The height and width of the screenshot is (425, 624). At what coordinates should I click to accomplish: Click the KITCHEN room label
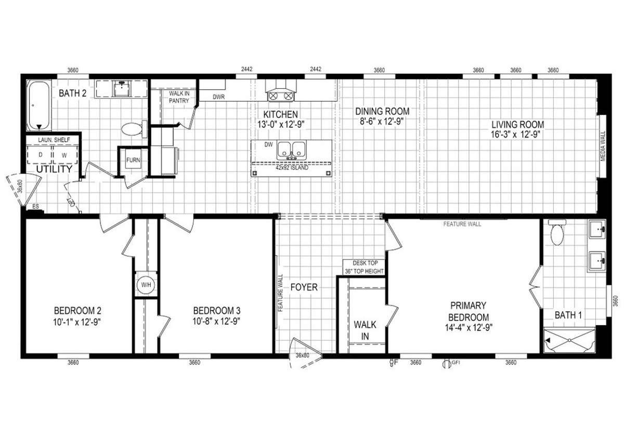coord(280,114)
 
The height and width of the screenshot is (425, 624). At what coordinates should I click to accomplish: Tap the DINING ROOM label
coord(382,111)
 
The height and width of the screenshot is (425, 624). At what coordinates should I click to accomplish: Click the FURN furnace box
coord(133,160)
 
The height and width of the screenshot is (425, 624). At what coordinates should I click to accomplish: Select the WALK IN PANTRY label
coord(178,97)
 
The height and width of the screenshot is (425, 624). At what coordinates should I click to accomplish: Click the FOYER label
coord(304,287)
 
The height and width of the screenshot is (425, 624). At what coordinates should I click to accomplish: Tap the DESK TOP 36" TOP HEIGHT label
coord(364,267)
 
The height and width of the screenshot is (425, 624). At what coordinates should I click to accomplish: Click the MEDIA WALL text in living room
coord(603,146)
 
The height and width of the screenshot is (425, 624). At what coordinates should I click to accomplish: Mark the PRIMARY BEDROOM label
coord(468,311)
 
